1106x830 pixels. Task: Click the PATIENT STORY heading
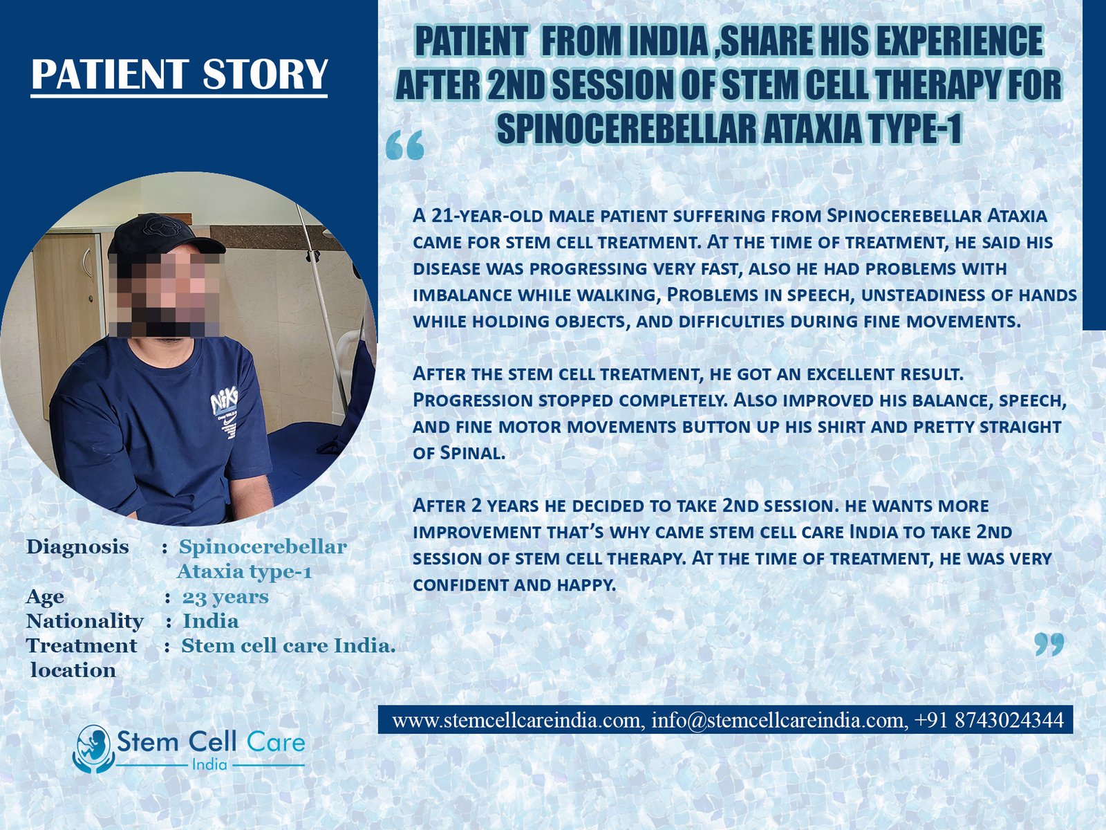click(179, 74)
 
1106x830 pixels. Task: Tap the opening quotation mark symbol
click(404, 146)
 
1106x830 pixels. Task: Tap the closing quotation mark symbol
click(1049, 645)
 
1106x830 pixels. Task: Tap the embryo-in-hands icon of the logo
click(92, 749)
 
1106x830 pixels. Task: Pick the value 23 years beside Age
click(225, 597)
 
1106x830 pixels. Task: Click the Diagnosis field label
click(77, 547)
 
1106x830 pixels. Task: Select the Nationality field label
click(84, 621)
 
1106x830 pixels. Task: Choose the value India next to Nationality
click(211, 621)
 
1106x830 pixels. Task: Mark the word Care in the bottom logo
click(276, 742)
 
